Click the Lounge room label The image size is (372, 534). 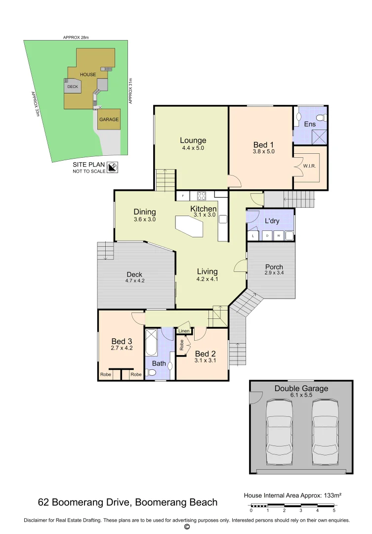[x=193, y=140]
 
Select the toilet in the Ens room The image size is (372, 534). [x=321, y=118]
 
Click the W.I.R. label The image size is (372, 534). [x=309, y=166]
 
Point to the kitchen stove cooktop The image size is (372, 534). [x=202, y=195]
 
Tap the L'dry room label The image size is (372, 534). [x=272, y=221]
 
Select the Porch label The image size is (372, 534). [x=274, y=267]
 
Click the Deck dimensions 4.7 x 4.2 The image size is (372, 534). [x=134, y=281]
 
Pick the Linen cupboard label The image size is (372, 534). [x=184, y=331]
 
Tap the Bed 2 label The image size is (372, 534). [x=206, y=354]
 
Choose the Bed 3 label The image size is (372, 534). [x=122, y=341]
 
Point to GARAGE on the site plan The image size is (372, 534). [x=109, y=120]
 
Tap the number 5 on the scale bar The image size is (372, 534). [x=334, y=510]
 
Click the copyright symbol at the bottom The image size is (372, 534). [x=187, y=527]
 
